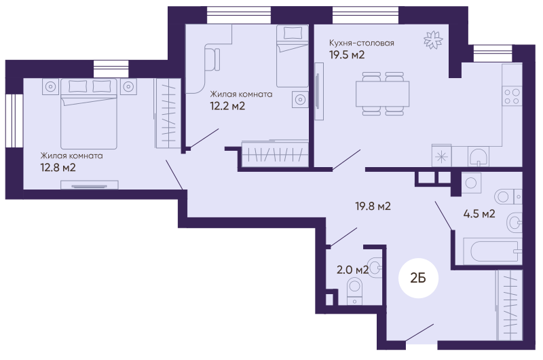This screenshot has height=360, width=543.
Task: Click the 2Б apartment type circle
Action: (x=418, y=278)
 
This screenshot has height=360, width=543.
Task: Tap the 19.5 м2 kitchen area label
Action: (x=347, y=55)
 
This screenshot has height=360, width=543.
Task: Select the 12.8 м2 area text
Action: (x=58, y=168)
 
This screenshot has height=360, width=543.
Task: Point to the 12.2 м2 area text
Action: (x=227, y=106)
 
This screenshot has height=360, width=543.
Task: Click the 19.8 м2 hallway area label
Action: (x=373, y=206)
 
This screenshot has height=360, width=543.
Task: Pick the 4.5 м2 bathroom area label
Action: (x=479, y=213)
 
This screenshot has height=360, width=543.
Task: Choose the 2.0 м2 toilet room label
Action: (x=352, y=270)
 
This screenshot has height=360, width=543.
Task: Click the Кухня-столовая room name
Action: (x=362, y=43)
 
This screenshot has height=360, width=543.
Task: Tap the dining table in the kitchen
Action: (x=382, y=94)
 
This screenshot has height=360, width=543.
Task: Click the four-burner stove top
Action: (x=512, y=96)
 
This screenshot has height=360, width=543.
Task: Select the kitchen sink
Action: (x=479, y=157)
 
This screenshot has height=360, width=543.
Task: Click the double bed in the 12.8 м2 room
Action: (x=89, y=113)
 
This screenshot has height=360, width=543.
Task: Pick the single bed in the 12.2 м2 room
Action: (x=293, y=56)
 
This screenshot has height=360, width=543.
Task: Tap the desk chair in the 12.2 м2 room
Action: (x=212, y=60)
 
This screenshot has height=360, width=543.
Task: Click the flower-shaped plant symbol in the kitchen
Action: (x=433, y=40)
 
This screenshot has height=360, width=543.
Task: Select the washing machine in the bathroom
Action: (x=471, y=183)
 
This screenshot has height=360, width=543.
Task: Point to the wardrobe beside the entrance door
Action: (x=509, y=305)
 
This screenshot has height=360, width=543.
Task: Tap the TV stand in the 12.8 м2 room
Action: (x=90, y=185)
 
